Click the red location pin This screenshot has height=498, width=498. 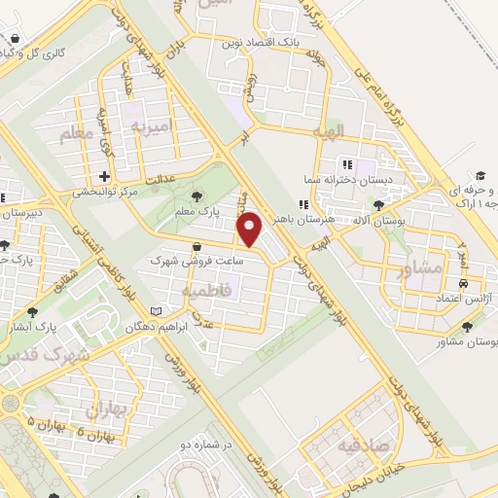(251, 230)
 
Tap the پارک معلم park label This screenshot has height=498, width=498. (205, 210)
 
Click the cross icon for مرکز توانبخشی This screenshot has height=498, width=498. (104, 176)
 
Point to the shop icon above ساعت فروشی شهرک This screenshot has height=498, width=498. (198, 247)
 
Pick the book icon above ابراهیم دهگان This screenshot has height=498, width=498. (157, 312)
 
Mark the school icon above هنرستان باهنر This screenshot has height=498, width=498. (304, 204)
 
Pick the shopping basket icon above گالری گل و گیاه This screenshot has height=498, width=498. (16, 40)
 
